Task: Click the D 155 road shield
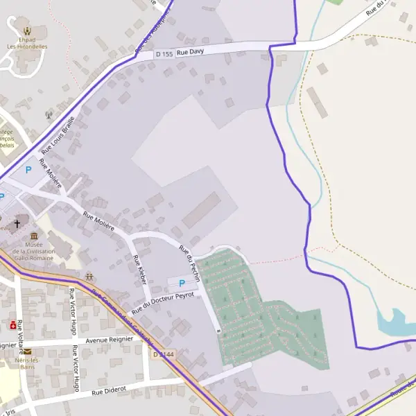164,53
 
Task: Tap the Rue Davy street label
190,52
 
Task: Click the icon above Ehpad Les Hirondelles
27,31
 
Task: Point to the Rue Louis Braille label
58,134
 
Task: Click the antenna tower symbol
49,115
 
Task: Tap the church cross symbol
17,225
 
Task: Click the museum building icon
34,236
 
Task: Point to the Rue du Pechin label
189,262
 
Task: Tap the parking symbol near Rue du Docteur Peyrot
182,283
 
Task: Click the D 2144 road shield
164,354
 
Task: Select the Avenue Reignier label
110,340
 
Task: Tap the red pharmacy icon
12,324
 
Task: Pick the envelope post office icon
28,352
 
